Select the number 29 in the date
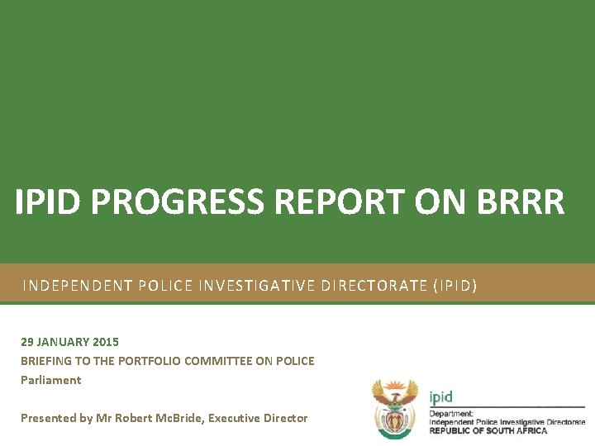pyautogui.click(x=27, y=341)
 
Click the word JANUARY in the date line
pyautogui.click(x=63, y=341)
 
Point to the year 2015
pyautogui.click(x=106, y=341)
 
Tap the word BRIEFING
pyautogui.click(x=45, y=361)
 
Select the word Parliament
pyautogui.click(x=50, y=380)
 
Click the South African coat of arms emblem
pyautogui.click(x=395, y=406)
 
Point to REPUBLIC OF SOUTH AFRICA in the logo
pyautogui.click(x=488, y=430)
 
